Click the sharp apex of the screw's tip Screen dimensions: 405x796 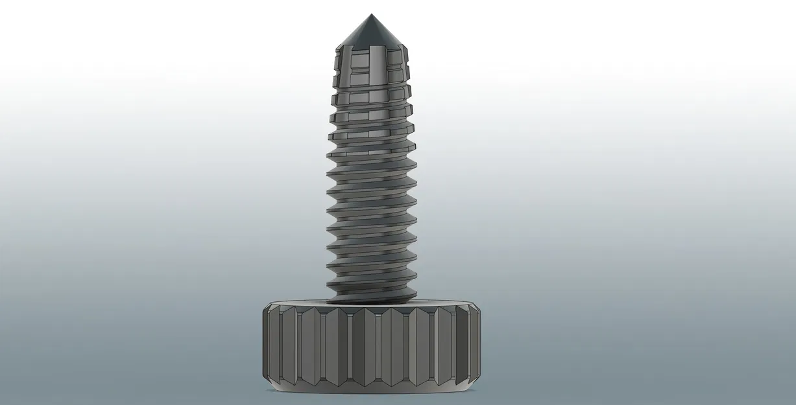[370, 14]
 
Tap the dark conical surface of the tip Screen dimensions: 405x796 [370, 32]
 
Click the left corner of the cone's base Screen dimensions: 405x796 [337, 47]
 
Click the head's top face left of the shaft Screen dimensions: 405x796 [298, 303]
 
